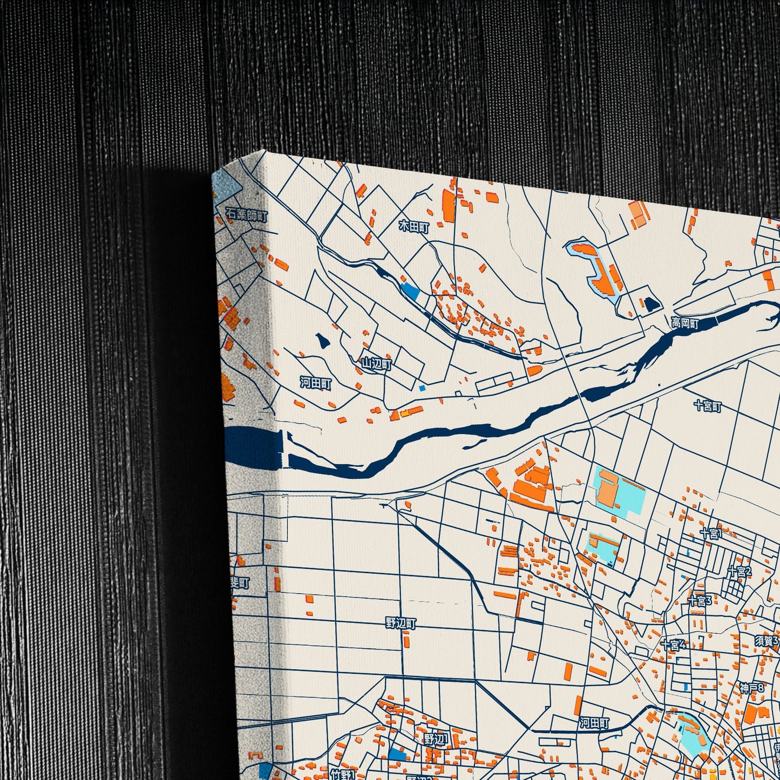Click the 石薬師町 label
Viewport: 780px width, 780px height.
pos(246,216)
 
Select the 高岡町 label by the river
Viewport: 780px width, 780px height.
pos(685,324)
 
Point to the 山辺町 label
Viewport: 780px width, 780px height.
pos(376,364)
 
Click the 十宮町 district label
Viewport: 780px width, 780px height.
pos(708,406)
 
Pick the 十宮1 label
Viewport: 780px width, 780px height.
pos(710,534)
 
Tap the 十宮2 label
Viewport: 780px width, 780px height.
pos(739,572)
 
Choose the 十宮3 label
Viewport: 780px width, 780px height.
pos(700,600)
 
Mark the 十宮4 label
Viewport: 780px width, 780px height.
pos(673,645)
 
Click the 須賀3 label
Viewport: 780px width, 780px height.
pos(767,641)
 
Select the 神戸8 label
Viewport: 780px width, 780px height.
pos(752,688)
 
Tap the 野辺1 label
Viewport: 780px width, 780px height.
pos(436,739)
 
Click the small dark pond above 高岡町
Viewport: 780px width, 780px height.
pos(652,304)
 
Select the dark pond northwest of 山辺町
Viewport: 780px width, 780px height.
pos(323,341)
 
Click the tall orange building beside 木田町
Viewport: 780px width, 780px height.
pos(449,205)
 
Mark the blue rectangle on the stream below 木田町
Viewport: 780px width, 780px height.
pos(411,291)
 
